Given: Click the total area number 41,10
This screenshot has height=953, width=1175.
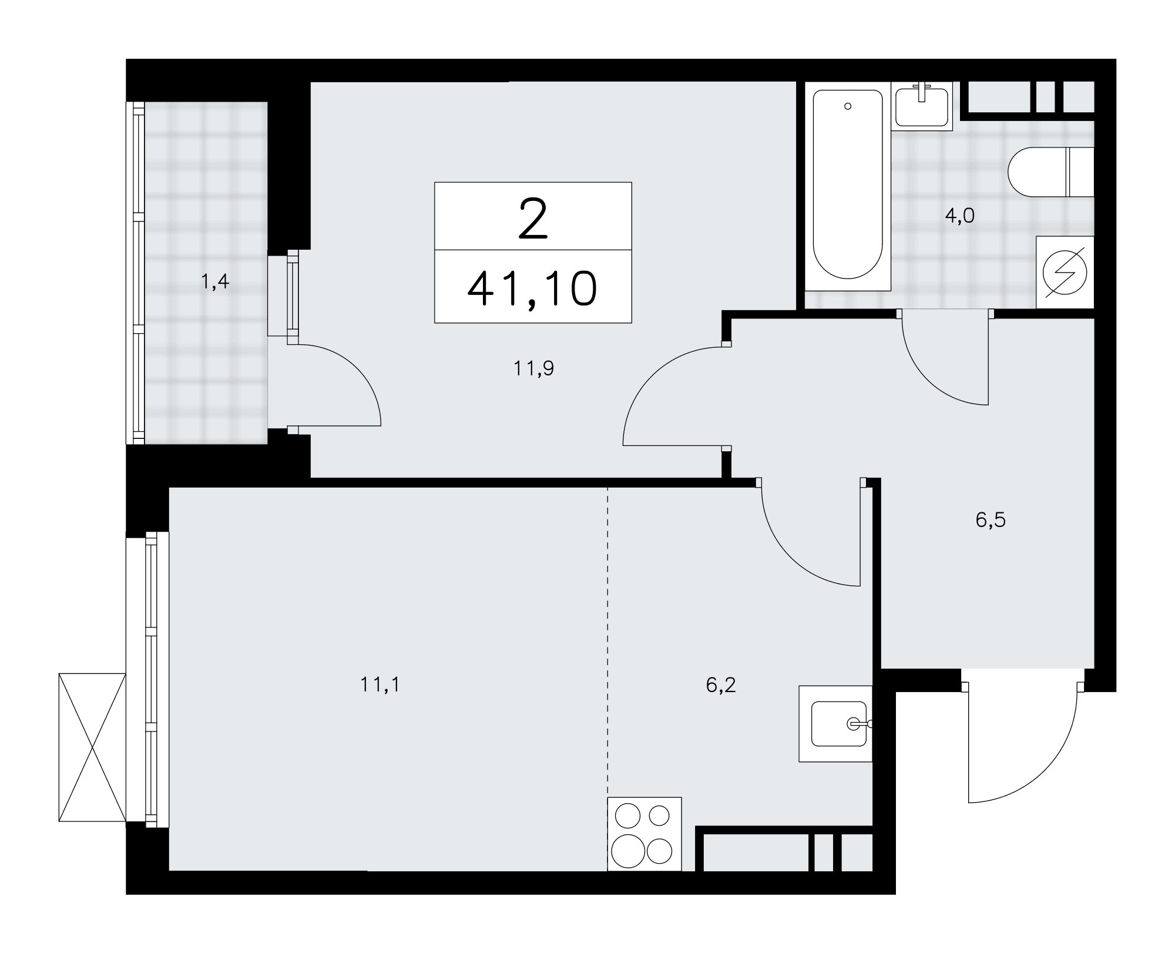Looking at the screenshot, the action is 532,289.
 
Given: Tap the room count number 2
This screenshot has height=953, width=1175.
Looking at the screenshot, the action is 533,219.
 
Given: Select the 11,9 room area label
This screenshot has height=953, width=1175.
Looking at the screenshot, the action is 533,369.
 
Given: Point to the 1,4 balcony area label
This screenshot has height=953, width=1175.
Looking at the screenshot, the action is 214,283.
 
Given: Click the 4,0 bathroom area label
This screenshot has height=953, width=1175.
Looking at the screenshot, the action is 959,216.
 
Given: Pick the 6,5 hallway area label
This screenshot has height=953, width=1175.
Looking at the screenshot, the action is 991,520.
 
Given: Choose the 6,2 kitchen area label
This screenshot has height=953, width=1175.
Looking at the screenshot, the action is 721,685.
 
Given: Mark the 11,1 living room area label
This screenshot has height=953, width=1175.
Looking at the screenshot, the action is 380,684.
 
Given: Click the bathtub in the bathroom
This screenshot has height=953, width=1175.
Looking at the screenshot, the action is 848,188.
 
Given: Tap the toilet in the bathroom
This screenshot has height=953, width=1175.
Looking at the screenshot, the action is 1050,172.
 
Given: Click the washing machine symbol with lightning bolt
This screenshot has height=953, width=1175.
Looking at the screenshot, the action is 1065,272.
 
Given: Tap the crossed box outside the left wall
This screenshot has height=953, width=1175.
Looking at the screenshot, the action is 92,747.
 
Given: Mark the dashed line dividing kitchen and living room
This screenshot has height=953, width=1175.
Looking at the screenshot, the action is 608,678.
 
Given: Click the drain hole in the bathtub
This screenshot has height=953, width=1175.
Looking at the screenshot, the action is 847,106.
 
